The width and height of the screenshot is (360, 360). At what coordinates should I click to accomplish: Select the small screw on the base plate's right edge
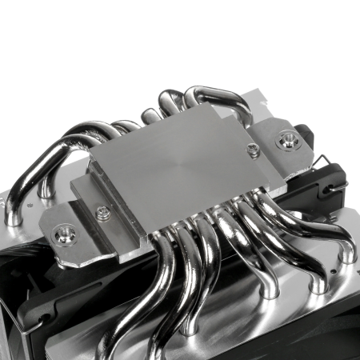point(253,150)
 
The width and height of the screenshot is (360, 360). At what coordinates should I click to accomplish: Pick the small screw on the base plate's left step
point(102,214)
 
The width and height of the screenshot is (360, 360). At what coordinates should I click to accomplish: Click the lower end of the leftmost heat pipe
point(14,214)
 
